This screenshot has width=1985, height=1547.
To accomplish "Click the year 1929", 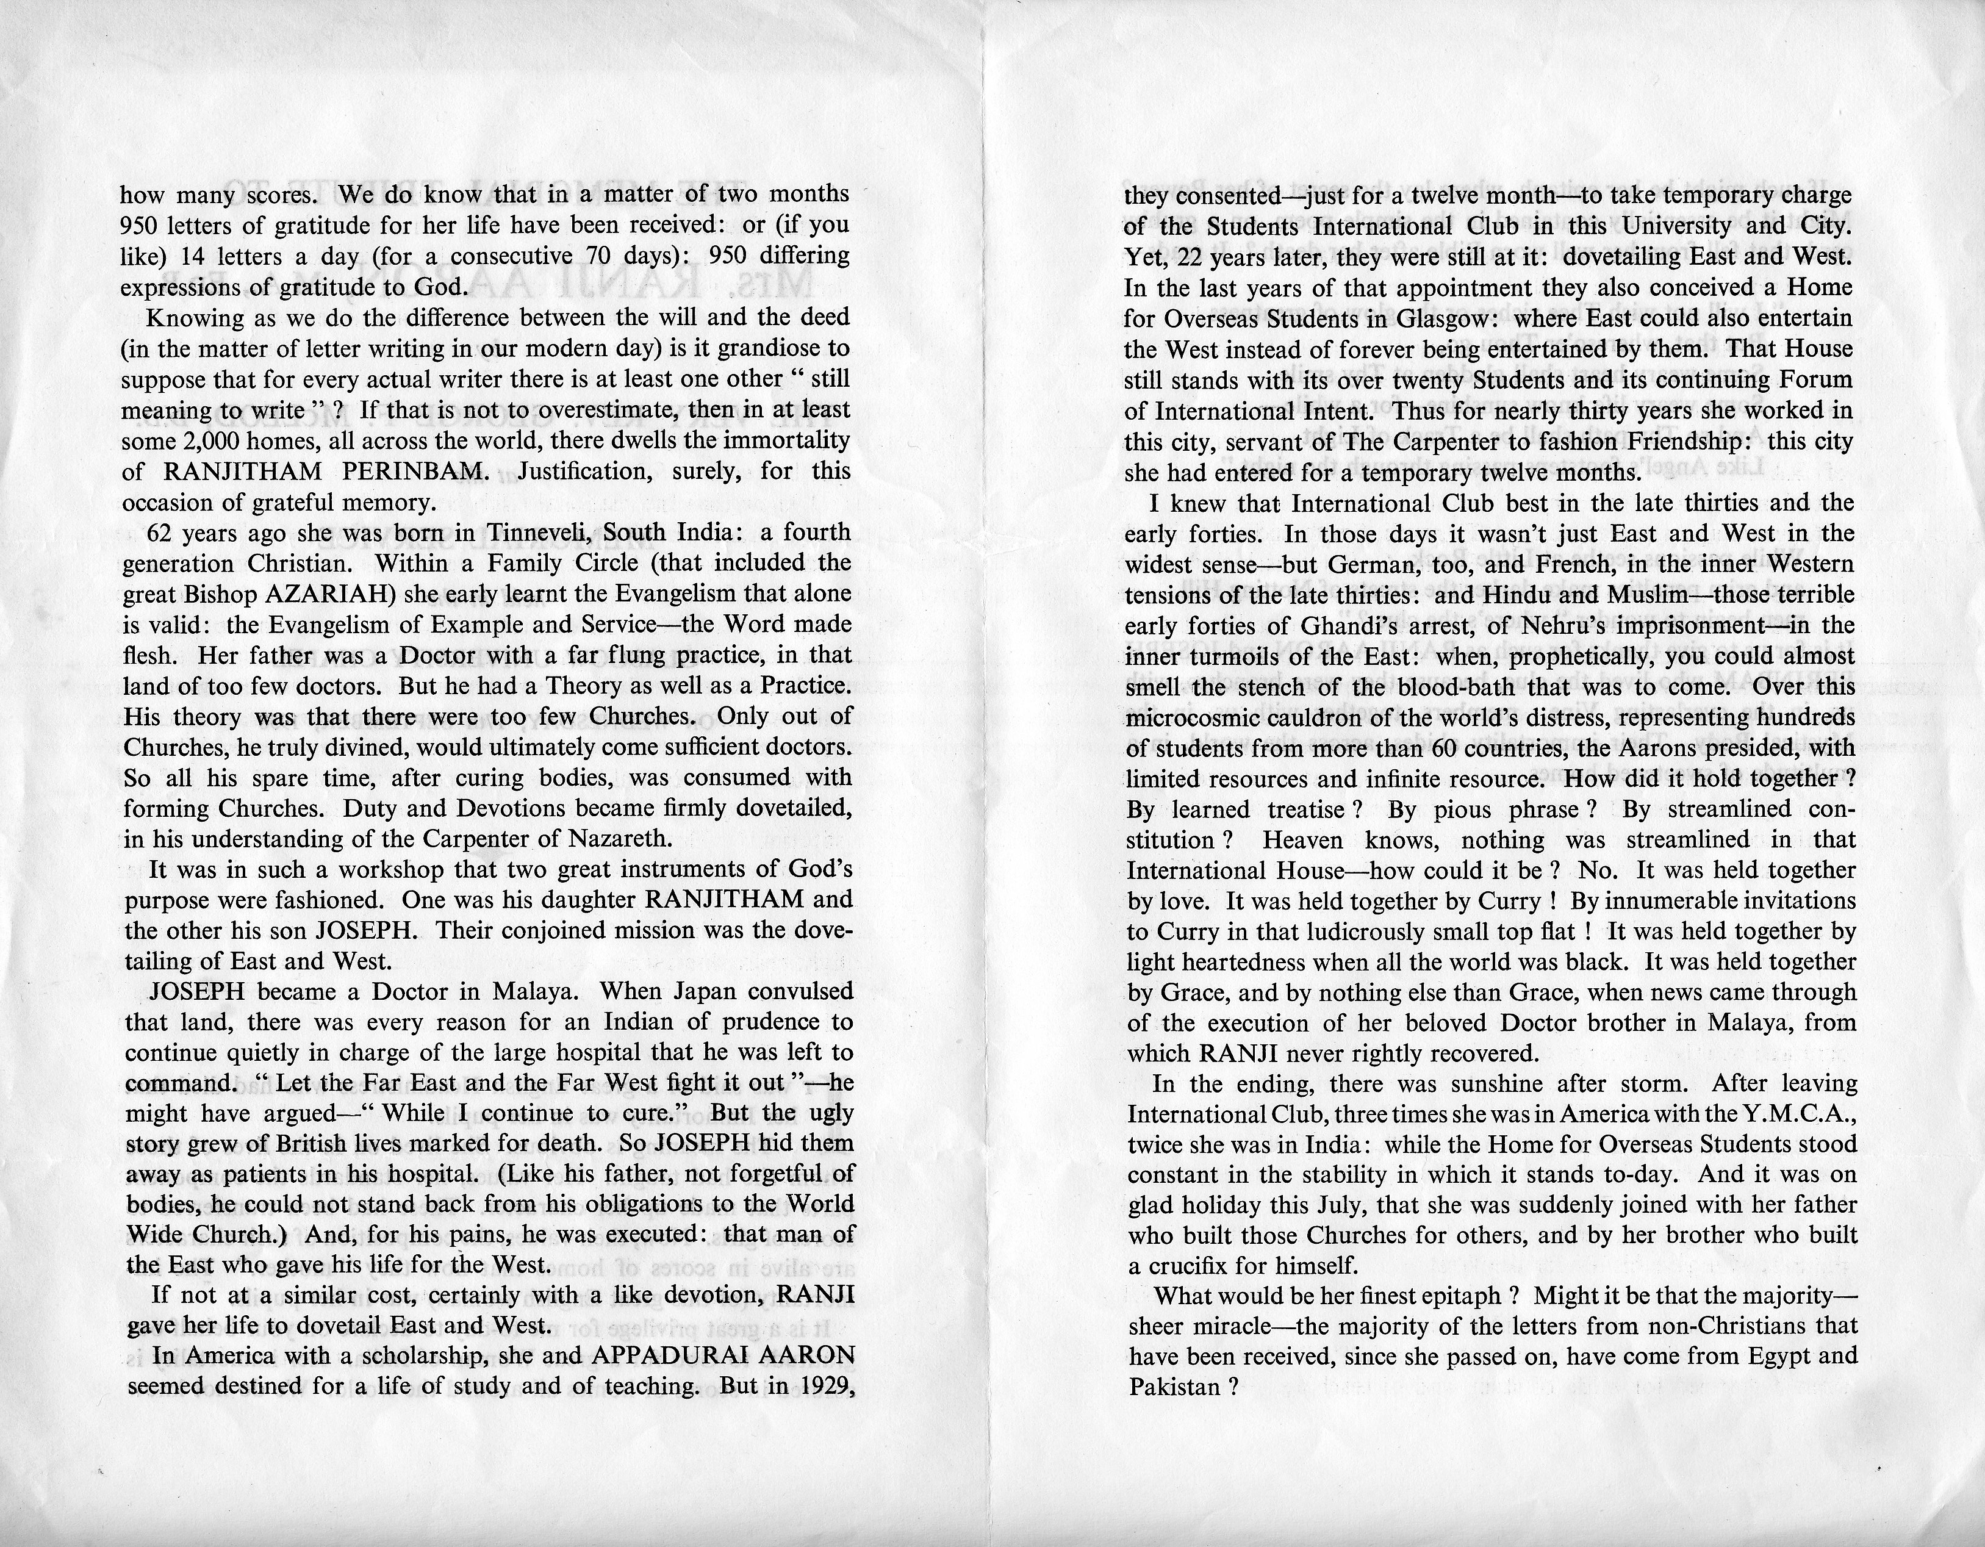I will [822, 1386].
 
